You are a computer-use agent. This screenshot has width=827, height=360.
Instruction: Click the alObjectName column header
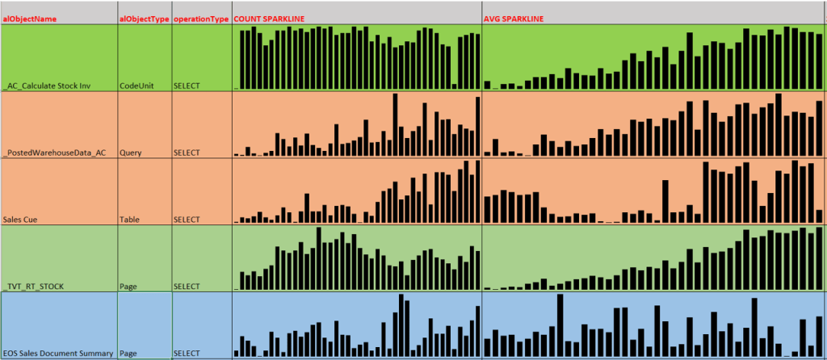[29, 18]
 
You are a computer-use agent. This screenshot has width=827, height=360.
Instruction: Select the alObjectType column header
[144, 18]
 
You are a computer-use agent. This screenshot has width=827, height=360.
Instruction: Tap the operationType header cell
[202, 18]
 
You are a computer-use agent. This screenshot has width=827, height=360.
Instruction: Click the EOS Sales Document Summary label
[58, 353]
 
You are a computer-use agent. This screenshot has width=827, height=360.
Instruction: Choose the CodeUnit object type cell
[136, 84]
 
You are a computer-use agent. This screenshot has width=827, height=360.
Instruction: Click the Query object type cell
[131, 151]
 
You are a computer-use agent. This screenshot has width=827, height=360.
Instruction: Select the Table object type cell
[129, 219]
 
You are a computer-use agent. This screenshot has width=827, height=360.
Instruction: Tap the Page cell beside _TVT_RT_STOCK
[128, 286]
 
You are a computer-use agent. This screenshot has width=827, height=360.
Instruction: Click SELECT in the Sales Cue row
[187, 219]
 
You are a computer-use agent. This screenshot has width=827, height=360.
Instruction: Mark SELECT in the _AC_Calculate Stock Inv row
[187, 84]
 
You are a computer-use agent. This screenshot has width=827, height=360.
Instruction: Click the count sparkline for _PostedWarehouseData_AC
[357, 125]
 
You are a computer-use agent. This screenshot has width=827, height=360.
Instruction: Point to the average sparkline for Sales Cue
[653, 192]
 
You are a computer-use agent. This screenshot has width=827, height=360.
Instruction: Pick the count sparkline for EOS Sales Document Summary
[357, 326]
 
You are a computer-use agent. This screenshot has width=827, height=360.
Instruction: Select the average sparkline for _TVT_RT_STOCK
[653, 259]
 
